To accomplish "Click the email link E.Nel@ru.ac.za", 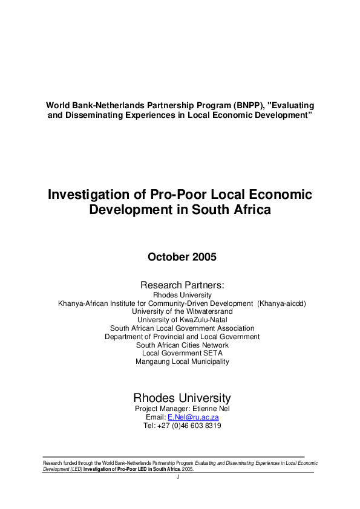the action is (193, 417).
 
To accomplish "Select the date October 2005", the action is (182, 257).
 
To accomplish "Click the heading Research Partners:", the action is (182, 285).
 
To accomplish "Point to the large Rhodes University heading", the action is (182, 398).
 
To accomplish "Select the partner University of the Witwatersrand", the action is (182, 311).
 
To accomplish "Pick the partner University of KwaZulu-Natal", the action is (182, 320).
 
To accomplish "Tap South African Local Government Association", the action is (182, 328).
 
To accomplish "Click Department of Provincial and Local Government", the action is (182, 337).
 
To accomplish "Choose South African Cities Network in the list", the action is (182, 345).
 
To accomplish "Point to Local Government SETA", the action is (182, 353).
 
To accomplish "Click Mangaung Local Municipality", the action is (182, 361).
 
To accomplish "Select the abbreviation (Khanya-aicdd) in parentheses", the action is (281, 303).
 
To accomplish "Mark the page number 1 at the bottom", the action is (179, 477).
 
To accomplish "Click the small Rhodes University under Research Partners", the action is (182, 295).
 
